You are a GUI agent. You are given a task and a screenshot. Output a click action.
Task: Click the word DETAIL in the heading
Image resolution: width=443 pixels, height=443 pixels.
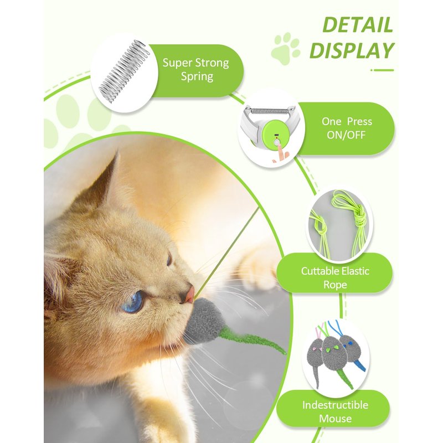(x=358, y=25)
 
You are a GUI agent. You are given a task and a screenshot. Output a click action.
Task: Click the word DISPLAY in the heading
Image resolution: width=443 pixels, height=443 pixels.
(x=352, y=50)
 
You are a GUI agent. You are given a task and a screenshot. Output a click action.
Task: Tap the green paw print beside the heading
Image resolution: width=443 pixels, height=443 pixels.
(x=285, y=48)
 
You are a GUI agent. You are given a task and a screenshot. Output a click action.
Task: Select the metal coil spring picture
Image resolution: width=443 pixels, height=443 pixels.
(x=123, y=71)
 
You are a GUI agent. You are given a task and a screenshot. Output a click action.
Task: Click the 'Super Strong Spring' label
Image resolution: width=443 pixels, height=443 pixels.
(x=196, y=70)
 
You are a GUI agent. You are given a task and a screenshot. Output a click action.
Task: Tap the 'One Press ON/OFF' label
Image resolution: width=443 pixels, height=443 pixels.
(x=347, y=128)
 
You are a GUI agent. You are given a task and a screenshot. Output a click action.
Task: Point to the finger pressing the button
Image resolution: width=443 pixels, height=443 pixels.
(x=280, y=153)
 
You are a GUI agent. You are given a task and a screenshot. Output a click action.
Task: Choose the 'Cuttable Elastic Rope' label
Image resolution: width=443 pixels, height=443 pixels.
(x=335, y=277)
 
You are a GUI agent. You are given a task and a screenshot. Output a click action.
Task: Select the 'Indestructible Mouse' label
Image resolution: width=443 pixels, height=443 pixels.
(x=336, y=411)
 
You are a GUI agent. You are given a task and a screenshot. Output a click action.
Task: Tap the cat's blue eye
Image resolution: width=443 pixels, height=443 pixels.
(x=135, y=301)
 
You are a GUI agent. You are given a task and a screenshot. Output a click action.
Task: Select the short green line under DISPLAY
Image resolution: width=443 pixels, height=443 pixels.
(x=382, y=70)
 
